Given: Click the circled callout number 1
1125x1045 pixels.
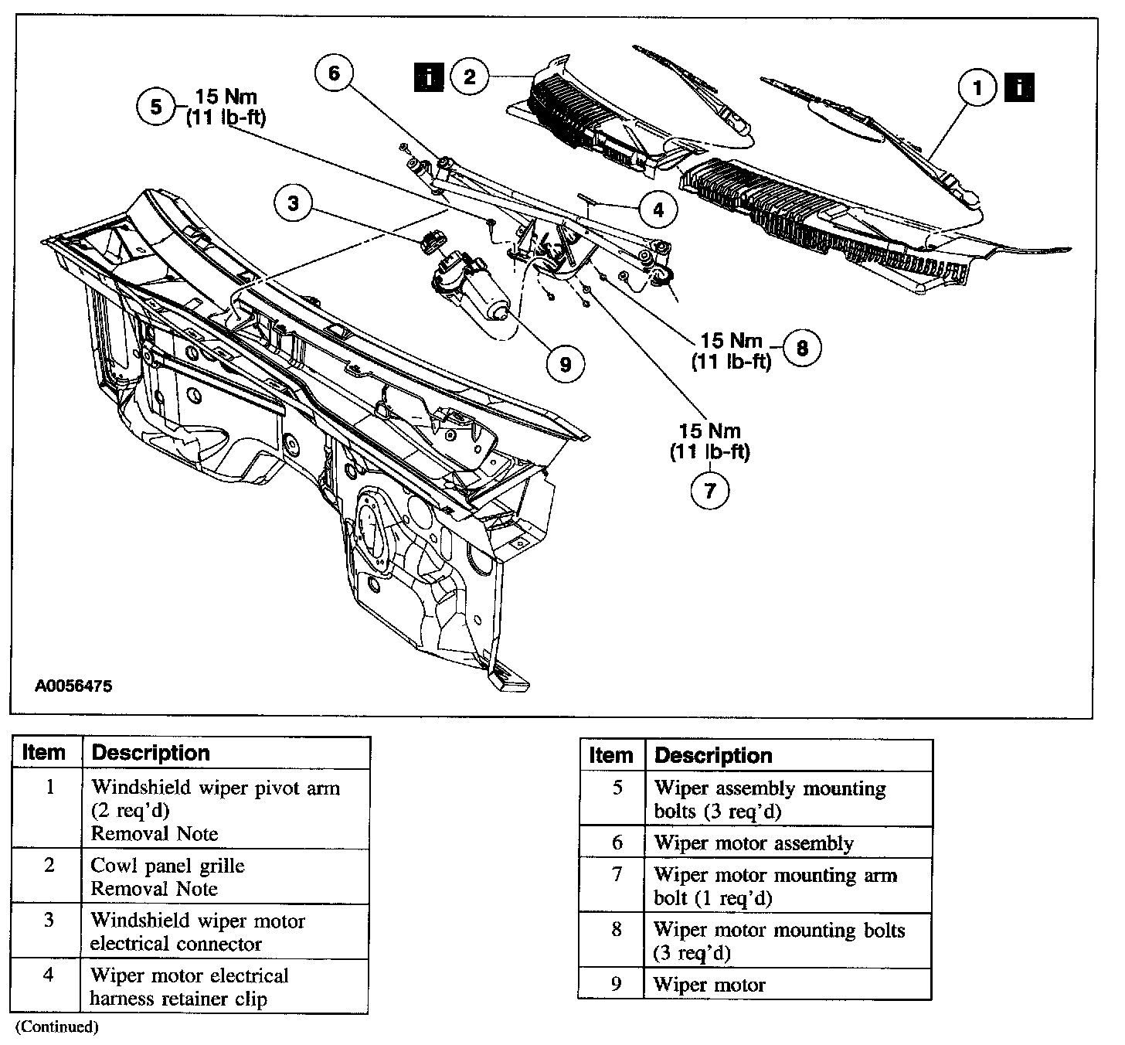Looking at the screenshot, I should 977,88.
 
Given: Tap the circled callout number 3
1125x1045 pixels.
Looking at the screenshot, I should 293,204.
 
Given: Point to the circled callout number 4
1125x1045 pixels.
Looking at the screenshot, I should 658,209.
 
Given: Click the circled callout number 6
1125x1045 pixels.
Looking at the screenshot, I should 334,73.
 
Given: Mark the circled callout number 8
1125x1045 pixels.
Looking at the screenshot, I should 802,349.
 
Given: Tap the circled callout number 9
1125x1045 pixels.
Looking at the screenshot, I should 565,363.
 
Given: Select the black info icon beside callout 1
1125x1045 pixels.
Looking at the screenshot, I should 1020,87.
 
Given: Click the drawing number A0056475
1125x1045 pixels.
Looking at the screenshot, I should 68,686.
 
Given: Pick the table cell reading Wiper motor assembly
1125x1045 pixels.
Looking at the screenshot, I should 753,842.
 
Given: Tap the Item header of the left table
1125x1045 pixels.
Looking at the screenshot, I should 43,753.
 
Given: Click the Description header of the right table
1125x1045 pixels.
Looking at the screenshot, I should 713,755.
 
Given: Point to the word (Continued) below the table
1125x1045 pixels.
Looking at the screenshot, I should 57,1027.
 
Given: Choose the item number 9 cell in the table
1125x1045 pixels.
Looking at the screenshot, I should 616,984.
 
